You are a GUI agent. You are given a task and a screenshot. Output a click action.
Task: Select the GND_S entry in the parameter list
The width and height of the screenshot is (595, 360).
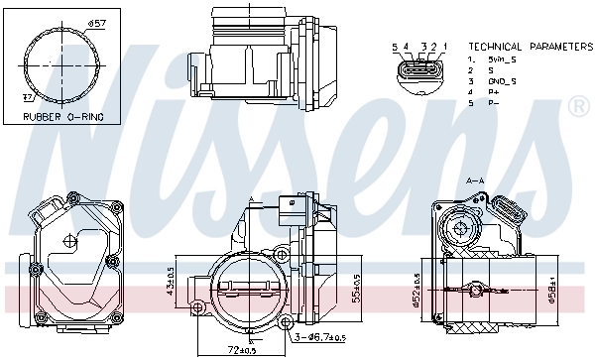pos(489,81)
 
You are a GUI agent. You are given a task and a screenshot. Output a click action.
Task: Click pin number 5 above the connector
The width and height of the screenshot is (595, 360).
pos(394,47)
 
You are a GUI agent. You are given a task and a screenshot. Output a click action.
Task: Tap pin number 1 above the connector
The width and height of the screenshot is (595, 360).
pos(444,47)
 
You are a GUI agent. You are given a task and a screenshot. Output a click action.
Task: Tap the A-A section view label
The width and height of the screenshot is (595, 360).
pos(474,181)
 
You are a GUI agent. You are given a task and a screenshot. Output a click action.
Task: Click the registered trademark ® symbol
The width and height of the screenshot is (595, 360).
pos(576,105)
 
